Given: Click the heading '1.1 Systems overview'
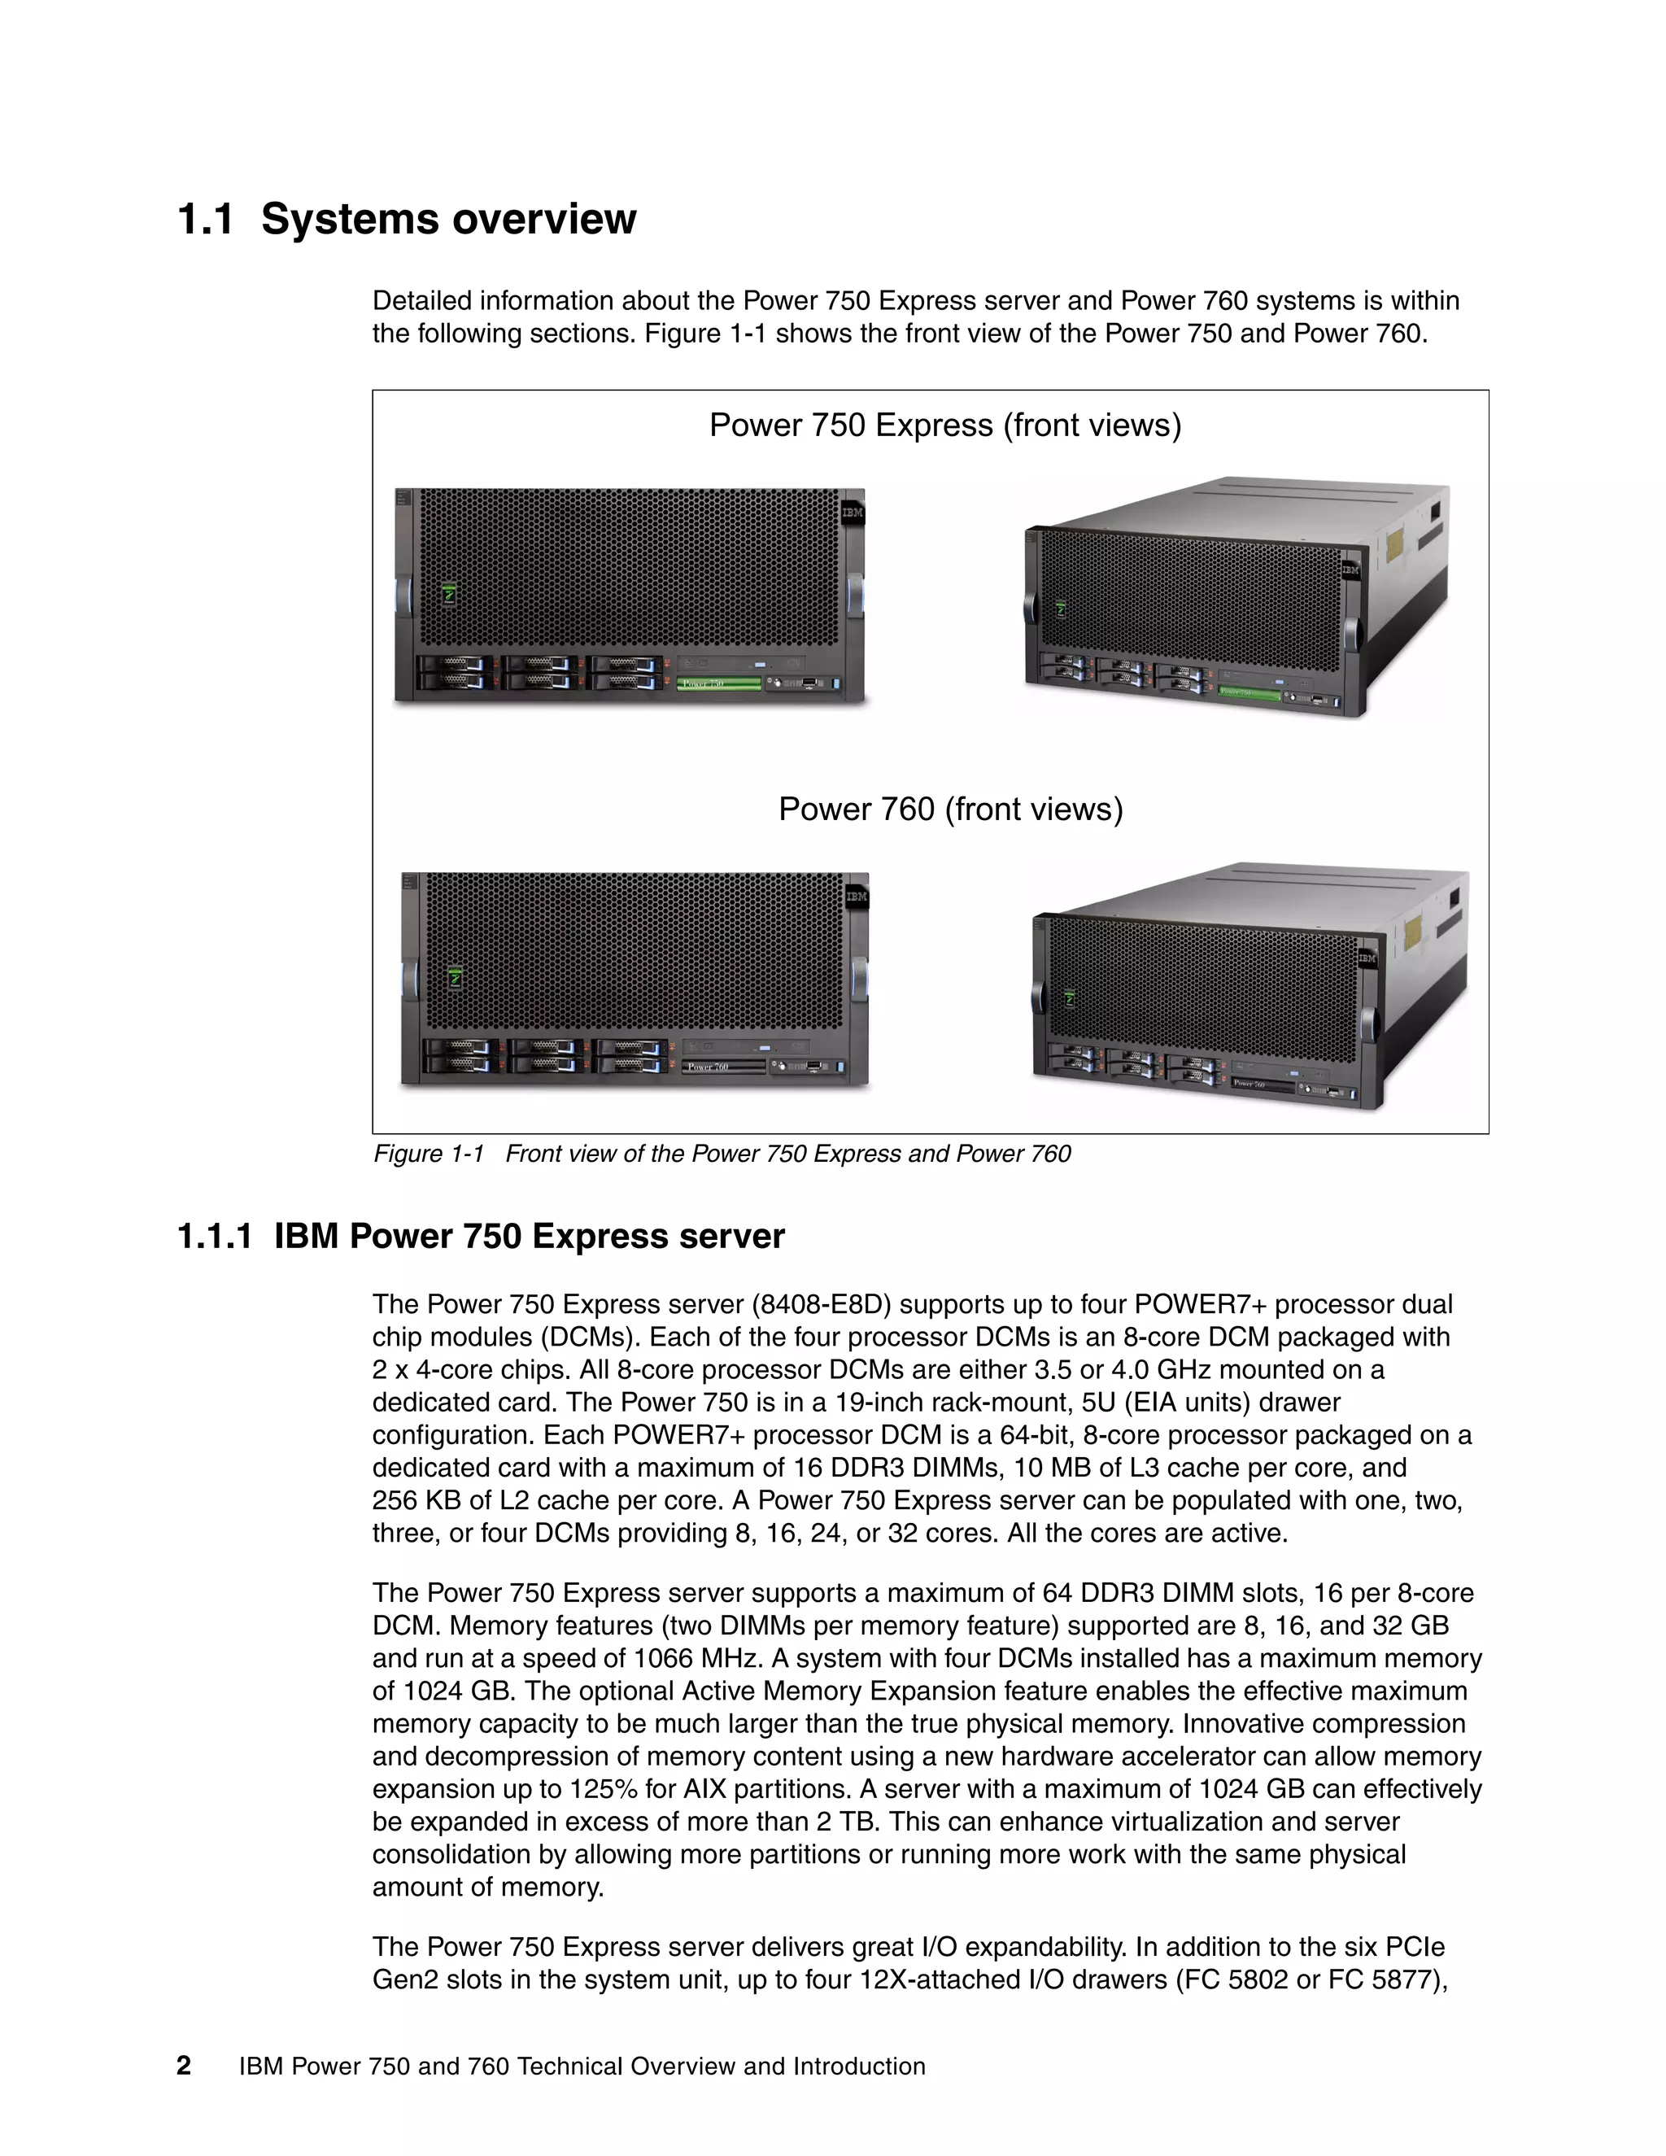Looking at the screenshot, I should [407, 219].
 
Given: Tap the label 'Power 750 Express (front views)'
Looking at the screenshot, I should [944, 426].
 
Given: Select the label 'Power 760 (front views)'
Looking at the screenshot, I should [950, 810].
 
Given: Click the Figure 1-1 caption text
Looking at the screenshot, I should [722, 1153].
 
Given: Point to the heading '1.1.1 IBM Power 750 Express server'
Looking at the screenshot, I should [481, 1236].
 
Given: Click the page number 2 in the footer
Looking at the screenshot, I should [184, 2067].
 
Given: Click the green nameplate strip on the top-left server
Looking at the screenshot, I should [719, 683].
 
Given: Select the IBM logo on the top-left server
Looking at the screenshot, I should [852, 513].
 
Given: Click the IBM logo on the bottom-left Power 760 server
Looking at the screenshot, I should [856, 897].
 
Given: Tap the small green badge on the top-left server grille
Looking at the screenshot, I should [449, 594].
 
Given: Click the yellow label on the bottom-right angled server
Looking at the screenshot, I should [1412, 930].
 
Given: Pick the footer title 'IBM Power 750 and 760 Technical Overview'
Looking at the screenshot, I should [582, 2067].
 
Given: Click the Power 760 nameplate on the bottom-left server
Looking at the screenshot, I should [723, 1067].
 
